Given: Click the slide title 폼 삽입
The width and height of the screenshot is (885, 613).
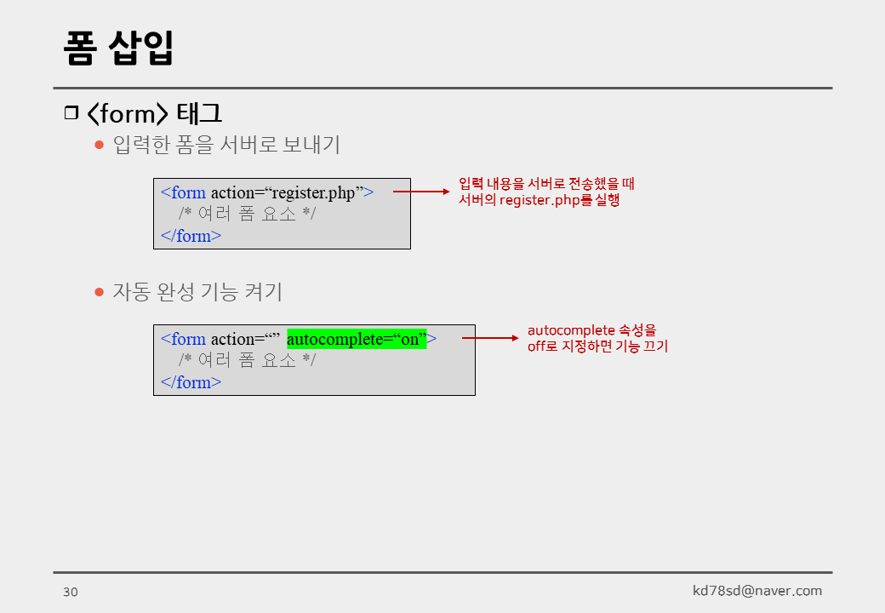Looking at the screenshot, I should click(x=118, y=48).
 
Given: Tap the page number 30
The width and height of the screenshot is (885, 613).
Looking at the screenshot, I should click(x=70, y=593).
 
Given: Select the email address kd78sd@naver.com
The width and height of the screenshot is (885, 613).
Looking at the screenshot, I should click(x=757, y=591).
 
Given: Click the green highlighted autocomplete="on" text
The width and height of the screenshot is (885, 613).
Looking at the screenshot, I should click(x=357, y=339).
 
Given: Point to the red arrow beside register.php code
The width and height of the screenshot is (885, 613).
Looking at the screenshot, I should click(x=421, y=192).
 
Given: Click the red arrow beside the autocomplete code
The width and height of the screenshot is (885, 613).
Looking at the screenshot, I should click(x=490, y=338).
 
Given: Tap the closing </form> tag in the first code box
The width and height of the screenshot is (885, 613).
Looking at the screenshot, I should click(x=191, y=236).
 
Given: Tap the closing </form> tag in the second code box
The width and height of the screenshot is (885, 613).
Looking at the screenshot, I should click(x=191, y=382).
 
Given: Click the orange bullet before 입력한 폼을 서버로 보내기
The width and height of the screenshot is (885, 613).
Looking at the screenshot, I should click(x=99, y=145).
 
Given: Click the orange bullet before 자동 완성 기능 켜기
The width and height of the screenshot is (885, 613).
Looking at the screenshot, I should click(x=99, y=291).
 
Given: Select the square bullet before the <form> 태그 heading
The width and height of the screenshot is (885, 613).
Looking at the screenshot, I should click(x=71, y=113).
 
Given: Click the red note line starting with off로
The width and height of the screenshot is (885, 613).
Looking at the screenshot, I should click(x=597, y=347).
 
